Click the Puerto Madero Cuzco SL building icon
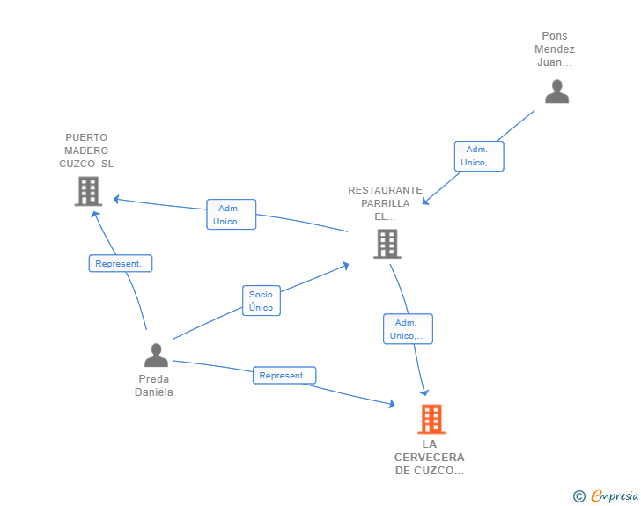[88, 191]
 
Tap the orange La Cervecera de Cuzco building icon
[431, 420]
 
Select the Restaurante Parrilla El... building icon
[387, 244]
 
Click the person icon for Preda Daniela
[156, 356]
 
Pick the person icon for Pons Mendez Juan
[556, 92]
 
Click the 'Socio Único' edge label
[261, 301]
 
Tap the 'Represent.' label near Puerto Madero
[121, 263]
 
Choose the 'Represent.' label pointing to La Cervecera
[284, 375]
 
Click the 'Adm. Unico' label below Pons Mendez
[479, 156]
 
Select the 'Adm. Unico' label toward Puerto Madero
[232, 215]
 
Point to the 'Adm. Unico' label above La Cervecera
[408, 329]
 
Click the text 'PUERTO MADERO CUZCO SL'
[86, 150]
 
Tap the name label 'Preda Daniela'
[154, 385]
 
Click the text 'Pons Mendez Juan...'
[555, 49]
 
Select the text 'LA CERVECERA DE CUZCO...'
[430, 458]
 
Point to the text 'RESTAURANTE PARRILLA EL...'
[385, 202]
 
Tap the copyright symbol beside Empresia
[579, 496]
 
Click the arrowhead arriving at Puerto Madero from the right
[116, 200]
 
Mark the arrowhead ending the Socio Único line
[346, 264]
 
